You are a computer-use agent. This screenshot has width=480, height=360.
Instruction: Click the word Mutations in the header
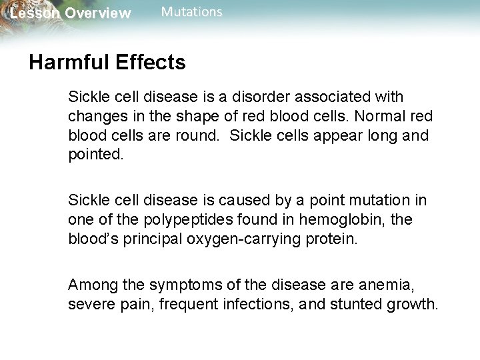tap(192, 12)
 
